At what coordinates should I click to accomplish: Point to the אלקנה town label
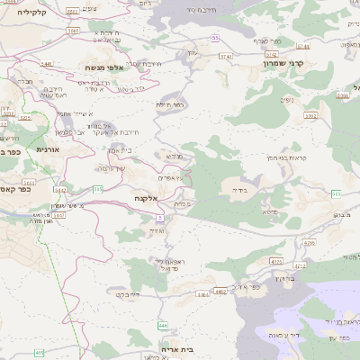coord(145,197)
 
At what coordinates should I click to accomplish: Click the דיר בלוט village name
coord(130,294)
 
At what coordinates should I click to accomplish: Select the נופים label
coord(286,99)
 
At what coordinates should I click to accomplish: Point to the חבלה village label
coord(24,82)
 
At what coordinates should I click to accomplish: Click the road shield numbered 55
coord(215,38)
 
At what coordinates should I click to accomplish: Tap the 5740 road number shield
coord(223,56)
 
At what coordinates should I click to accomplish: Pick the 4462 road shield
coord(220,291)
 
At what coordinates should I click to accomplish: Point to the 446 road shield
coord(162,325)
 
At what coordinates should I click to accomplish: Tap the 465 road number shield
coord(39,353)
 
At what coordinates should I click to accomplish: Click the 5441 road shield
coord(47,64)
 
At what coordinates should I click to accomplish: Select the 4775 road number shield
coord(276,261)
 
